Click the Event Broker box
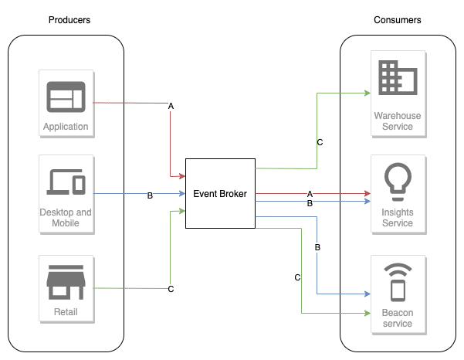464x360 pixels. [220, 193]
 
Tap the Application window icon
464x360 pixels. [66, 97]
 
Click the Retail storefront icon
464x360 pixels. [66, 284]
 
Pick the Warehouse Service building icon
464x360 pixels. [398, 80]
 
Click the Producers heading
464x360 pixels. [69, 20]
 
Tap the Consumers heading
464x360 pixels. [398, 20]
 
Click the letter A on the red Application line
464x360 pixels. [171, 104]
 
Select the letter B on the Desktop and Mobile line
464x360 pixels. [150, 195]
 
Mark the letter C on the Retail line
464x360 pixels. [171, 289]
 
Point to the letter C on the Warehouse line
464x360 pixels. [320, 142]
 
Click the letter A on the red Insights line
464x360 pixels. [310, 193]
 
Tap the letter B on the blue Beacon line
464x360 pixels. [317, 247]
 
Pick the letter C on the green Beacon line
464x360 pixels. [297, 277]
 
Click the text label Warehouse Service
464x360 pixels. [398, 121]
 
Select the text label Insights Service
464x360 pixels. [398, 218]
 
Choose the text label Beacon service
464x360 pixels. [398, 318]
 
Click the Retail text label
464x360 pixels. [66, 313]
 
